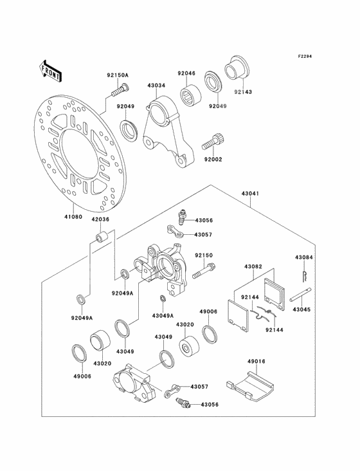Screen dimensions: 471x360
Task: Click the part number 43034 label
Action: click(156, 86)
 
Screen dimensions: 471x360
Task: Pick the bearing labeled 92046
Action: click(188, 100)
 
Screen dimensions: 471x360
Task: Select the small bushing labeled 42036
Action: click(100, 241)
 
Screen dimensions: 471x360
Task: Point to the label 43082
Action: click(253, 266)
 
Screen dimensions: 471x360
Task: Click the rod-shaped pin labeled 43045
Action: click(303, 297)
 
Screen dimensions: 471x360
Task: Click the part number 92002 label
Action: click(213, 159)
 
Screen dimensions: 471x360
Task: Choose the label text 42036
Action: click(100, 219)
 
